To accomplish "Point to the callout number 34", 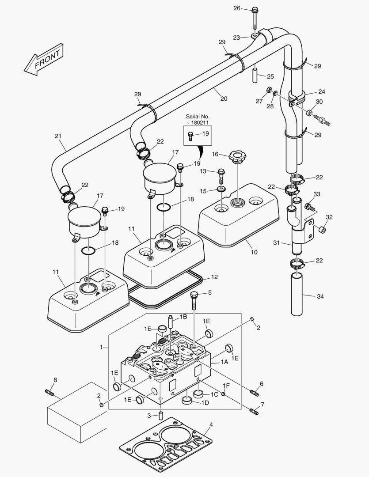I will pyautogui.click(x=320, y=296).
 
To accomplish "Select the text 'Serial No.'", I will pyautogui.click(x=197, y=116).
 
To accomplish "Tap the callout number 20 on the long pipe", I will pyautogui.click(x=224, y=98).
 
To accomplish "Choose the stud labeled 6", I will pyautogui.click(x=255, y=393).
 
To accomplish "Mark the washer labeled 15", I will pyautogui.click(x=221, y=189).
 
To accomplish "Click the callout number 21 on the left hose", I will pyautogui.click(x=57, y=136).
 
